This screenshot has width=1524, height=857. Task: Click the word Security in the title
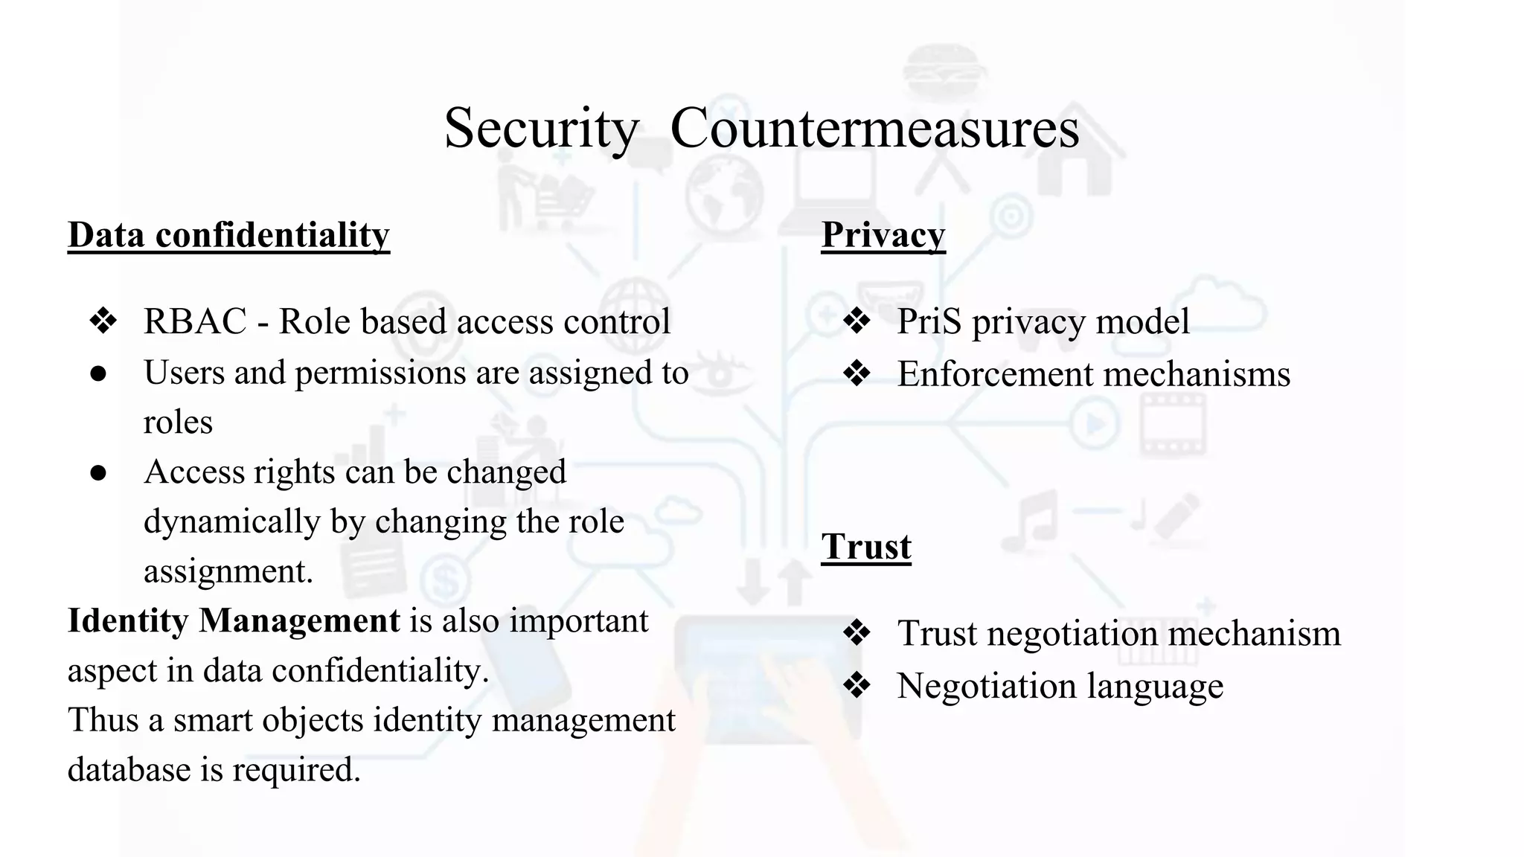[x=541, y=128]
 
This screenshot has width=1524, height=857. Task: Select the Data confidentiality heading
[x=228, y=235]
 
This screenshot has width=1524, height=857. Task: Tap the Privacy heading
[x=883, y=235]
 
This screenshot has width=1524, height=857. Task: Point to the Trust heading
[x=865, y=547]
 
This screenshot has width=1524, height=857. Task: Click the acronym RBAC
[x=195, y=321]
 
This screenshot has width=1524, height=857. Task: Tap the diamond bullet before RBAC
[x=103, y=321]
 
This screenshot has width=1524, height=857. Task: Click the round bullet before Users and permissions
[x=98, y=373]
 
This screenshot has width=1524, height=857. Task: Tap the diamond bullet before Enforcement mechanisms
[x=857, y=373]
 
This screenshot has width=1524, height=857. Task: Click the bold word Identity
[x=127, y=621]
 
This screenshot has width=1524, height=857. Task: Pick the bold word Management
[x=299, y=621]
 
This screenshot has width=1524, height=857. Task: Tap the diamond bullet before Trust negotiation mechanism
[x=857, y=633]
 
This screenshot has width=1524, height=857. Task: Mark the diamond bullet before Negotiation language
[x=857, y=686]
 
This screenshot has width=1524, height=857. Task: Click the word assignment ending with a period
[x=228, y=571]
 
